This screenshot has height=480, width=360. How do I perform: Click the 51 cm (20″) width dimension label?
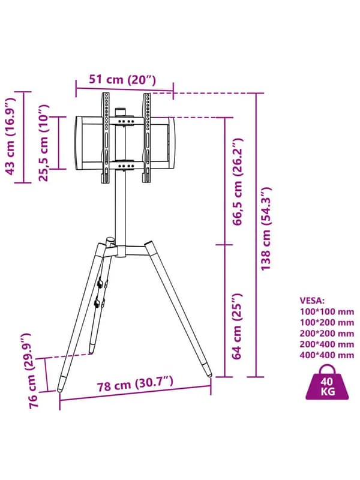point(122,80)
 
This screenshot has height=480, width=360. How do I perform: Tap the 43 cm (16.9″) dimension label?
point(10,137)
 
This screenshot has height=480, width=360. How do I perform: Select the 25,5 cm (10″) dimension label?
point(43,143)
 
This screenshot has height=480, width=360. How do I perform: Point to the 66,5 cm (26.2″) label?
point(238,182)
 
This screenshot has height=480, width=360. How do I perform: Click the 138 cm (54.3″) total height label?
point(266,229)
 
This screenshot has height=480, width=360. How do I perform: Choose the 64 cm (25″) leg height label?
point(237,326)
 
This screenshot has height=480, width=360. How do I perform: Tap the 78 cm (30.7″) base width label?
point(136,384)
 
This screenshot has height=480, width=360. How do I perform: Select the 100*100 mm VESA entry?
point(327,311)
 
